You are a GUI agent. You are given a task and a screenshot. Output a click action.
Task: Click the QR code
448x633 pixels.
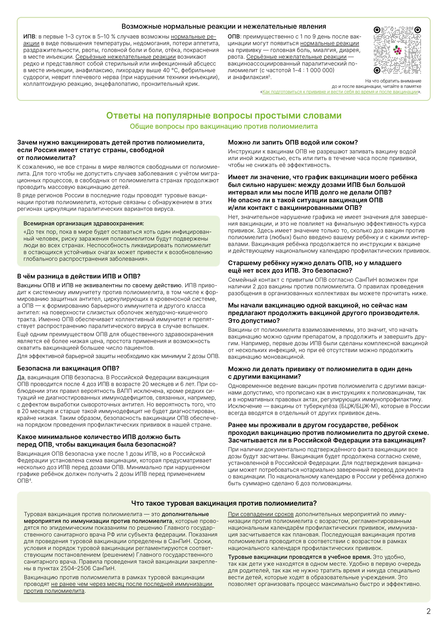pos(397,50)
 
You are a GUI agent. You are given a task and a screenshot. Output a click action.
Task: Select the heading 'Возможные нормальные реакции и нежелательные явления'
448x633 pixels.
pos(224,27)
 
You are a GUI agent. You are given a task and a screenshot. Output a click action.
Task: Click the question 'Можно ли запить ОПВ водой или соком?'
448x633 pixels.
pos(293,143)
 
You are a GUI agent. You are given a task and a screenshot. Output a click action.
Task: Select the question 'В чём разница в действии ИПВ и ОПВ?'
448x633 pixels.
pos(79,276)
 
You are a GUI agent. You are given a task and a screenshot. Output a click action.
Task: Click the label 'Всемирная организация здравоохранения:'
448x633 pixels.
pos(84,224)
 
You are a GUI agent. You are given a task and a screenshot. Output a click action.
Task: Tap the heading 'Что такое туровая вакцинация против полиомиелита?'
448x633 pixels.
pos(224,503)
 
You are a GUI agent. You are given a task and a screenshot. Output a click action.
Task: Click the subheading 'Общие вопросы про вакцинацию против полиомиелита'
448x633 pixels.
pos(224,126)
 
